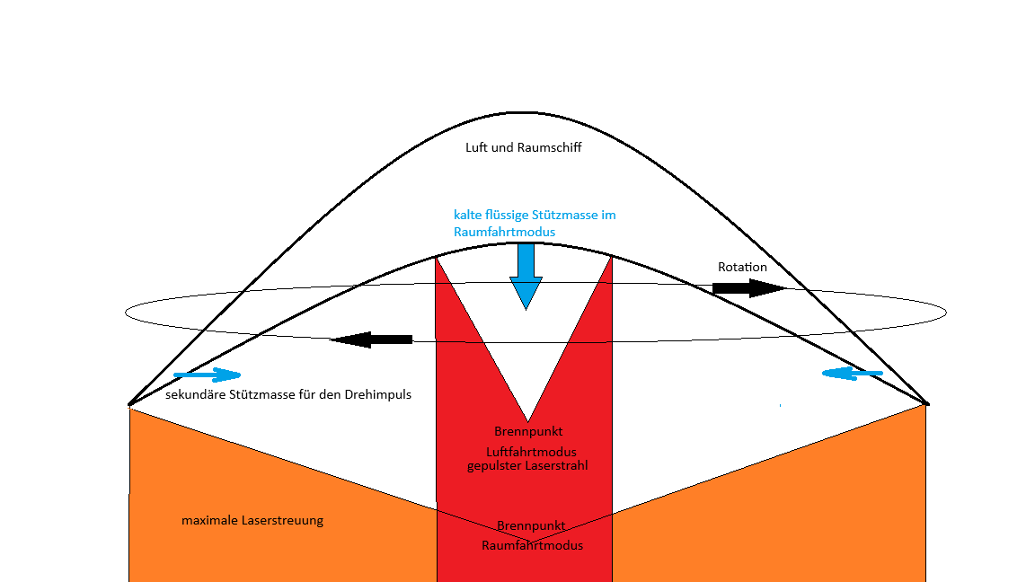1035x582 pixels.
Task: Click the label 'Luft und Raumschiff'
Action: pyautogui.click(x=523, y=147)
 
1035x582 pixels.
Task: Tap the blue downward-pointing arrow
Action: pyautogui.click(x=526, y=278)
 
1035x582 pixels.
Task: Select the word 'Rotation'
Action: pyautogui.click(x=742, y=267)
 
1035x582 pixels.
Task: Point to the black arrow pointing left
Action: pyautogui.click(x=372, y=339)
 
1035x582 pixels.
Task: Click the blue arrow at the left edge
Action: pyautogui.click(x=208, y=375)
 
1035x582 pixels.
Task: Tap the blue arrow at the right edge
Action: pyautogui.click(x=853, y=373)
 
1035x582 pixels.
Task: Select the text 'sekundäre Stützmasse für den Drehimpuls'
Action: pyautogui.click(x=288, y=394)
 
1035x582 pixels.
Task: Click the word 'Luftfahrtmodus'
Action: pyautogui.click(x=531, y=452)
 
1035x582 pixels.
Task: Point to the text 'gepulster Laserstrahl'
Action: pyautogui.click(x=527, y=465)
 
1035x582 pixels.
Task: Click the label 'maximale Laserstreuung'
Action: pyautogui.click(x=252, y=520)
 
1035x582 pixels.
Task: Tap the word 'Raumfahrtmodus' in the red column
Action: pyautogui.click(x=532, y=545)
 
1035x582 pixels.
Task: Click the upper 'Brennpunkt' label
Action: pyautogui.click(x=528, y=432)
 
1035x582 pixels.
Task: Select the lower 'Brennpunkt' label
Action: pyautogui.click(x=531, y=525)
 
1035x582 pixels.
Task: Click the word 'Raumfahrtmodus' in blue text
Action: pyautogui.click(x=504, y=232)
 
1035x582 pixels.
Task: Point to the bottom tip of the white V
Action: pyautogui.click(x=527, y=420)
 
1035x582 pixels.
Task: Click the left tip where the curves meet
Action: pyautogui.click(x=130, y=404)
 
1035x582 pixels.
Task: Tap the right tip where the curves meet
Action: pyautogui.click(x=926, y=403)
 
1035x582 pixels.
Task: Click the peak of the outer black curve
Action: pyautogui.click(x=522, y=113)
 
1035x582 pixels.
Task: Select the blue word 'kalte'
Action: pyautogui.click(x=468, y=216)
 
